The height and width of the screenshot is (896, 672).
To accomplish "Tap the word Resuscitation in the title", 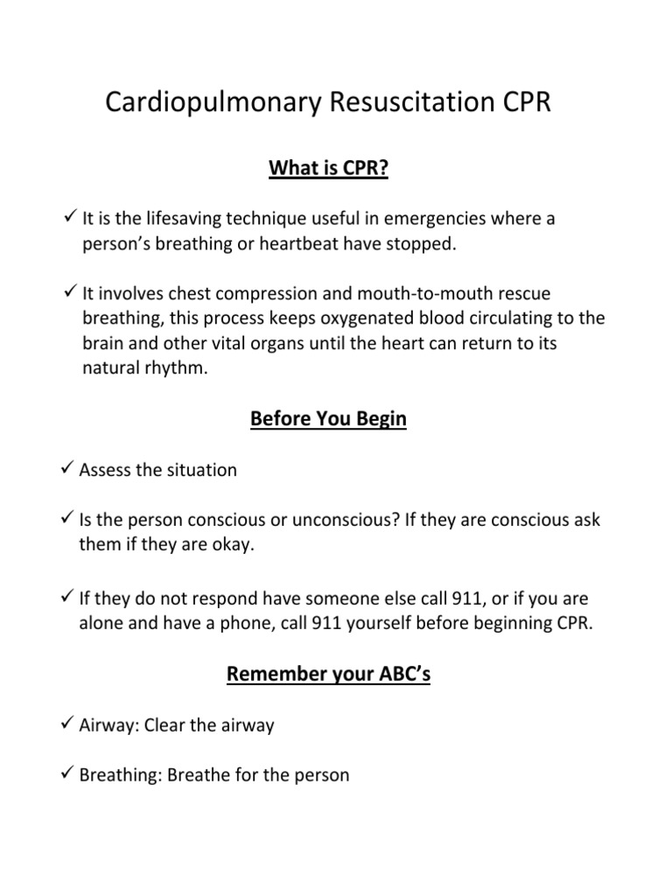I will [x=399, y=102].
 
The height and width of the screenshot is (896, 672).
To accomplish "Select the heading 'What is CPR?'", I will [x=328, y=168].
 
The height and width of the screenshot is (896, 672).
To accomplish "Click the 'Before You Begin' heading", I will [x=328, y=419].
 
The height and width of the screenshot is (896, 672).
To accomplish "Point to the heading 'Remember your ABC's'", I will [x=328, y=675].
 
